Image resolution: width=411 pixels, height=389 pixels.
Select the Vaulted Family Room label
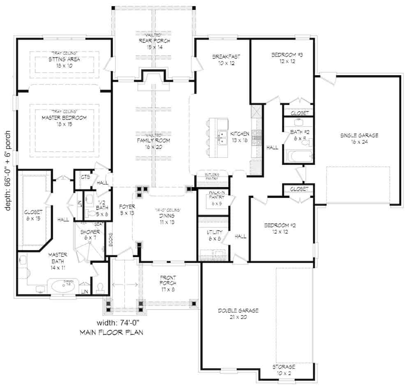[153, 143]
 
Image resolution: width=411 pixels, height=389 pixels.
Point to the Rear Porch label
[154, 44]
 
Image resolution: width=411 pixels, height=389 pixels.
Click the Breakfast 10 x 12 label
[226, 60]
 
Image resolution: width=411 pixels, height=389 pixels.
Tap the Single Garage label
[359, 138]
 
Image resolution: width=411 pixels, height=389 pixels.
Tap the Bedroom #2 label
[280, 229]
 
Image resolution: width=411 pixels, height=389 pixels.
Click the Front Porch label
[168, 283]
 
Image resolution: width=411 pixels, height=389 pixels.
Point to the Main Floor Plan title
[111, 333]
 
